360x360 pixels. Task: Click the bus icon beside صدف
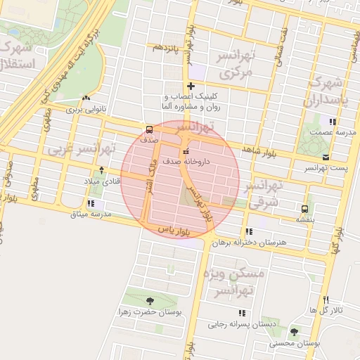149,129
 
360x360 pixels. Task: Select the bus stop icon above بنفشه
304,209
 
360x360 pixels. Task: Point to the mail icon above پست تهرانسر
326,157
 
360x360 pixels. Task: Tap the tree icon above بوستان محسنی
294,332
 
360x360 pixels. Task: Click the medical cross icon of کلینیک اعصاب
191,86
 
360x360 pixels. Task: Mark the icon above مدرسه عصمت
313,131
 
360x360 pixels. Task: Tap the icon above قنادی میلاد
101,169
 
